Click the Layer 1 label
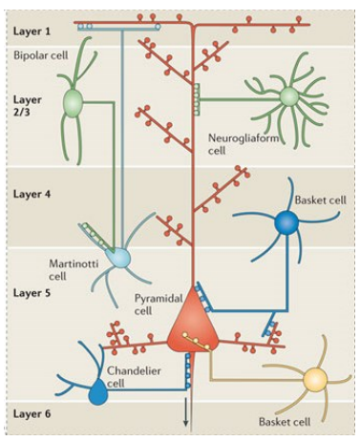[32, 31]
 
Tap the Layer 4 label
[32, 194]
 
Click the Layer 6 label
[32, 414]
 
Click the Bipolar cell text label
[39, 56]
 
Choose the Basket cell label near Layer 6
[286, 420]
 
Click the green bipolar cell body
[74, 101]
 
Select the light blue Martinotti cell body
[119, 256]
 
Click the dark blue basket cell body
[286, 223]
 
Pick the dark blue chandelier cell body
[97, 390]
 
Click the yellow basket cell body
[314, 381]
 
